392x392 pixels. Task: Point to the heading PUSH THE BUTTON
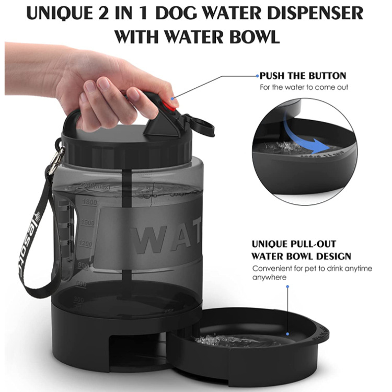(x=303, y=76)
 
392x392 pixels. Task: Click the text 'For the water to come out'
(x=304, y=87)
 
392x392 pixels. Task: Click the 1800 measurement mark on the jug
(x=90, y=201)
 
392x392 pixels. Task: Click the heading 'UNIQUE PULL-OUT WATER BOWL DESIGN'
(x=301, y=250)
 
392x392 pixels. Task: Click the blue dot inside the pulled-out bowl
(x=287, y=333)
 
